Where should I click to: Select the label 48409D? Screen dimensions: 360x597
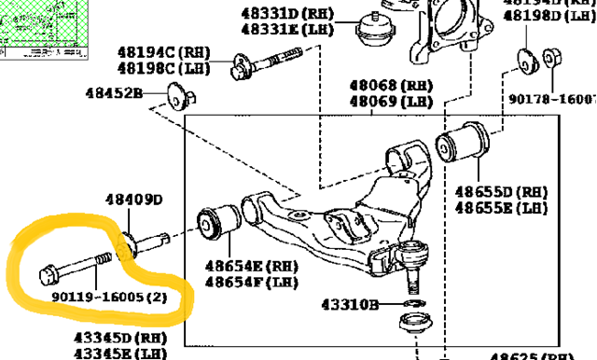coord(133,200)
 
